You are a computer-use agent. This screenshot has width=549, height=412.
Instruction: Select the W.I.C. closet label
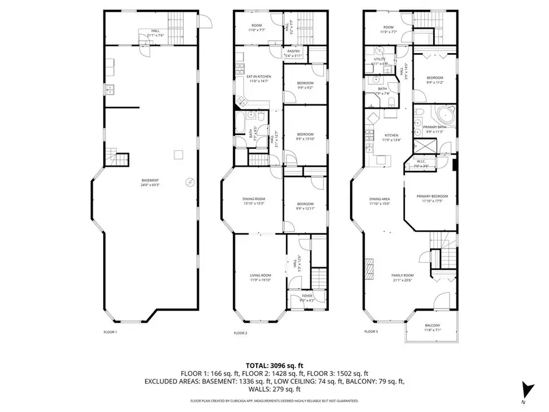pyautogui.click(x=421, y=164)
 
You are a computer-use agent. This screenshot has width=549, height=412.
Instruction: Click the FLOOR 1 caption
pyautogui.click(x=110, y=333)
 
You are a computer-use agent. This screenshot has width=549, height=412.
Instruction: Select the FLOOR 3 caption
pyautogui.click(x=371, y=331)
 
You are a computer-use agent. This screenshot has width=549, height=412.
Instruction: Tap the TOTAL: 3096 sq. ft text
pyautogui.click(x=274, y=364)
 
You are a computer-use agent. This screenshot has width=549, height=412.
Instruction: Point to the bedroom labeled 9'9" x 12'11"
pyautogui.click(x=305, y=206)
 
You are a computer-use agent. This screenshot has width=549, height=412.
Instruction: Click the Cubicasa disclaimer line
pyautogui.click(x=274, y=401)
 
